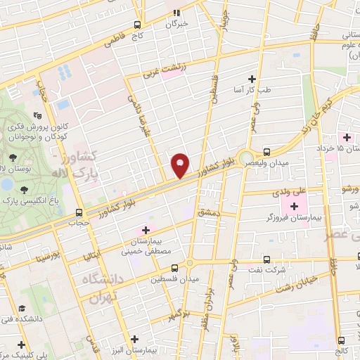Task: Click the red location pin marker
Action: (181, 165)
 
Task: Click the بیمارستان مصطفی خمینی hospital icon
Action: (146, 229)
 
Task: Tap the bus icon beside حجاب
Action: (79, 211)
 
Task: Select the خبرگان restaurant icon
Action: (178, 12)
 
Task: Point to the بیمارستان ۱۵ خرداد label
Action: (340, 149)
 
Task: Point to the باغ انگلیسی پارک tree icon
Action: (24, 188)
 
